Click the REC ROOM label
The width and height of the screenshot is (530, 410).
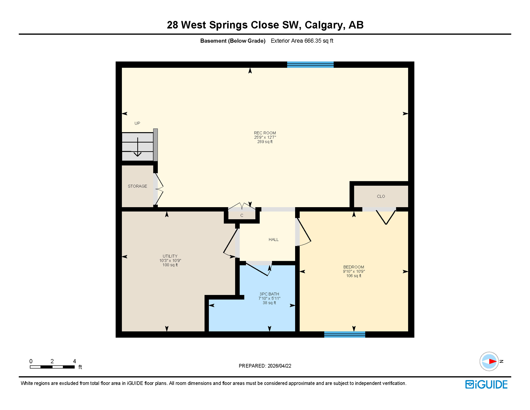point(264,133)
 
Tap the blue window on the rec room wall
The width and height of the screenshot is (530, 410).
point(310,65)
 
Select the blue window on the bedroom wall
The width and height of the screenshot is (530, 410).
point(344,334)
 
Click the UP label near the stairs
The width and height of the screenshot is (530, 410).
point(137,123)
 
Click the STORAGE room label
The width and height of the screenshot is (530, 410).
point(137,186)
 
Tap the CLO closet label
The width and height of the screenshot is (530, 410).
point(381,196)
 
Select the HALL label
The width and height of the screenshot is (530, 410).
point(274,240)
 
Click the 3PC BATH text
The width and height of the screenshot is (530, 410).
point(269,294)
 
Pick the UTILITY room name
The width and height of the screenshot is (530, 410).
point(170,256)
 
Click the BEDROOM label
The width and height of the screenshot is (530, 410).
point(354,267)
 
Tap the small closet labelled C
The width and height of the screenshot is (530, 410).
point(242,215)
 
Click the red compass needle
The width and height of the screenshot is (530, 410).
point(493,361)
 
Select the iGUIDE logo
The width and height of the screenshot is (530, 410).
point(486,384)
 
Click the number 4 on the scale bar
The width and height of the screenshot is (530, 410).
point(75,361)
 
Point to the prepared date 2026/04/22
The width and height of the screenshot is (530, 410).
point(279,366)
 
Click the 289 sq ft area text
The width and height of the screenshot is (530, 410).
point(264,142)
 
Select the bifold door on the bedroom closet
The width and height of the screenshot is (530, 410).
point(386,217)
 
